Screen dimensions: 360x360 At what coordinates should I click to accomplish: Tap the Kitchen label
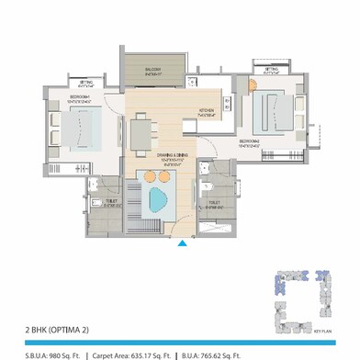tap(208, 112)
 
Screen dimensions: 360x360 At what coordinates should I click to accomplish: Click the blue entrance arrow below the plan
tap(182, 242)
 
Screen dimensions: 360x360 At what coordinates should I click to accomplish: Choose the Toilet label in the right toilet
tap(213, 205)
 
